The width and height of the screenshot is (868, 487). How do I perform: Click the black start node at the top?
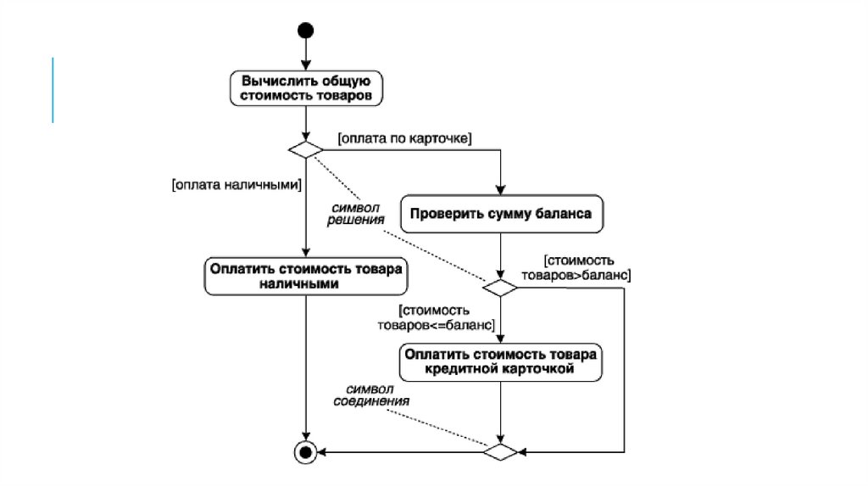(x=305, y=31)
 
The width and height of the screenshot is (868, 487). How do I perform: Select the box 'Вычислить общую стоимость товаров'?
(x=305, y=89)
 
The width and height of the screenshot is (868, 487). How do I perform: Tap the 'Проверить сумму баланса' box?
(x=501, y=214)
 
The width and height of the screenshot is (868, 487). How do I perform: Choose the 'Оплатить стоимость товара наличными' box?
(x=304, y=277)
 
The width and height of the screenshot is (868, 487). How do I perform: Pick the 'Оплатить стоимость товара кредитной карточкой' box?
(x=501, y=361)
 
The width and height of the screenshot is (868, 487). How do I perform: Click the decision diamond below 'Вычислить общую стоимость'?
(x=305, y=149)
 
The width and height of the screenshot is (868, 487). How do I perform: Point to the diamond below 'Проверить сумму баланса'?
(x=501, y=288)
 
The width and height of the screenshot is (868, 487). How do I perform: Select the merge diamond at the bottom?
(x=501, y=451)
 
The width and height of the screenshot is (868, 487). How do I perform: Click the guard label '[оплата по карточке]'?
(x=405, y=137)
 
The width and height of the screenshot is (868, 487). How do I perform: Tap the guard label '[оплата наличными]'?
(x=236, y=182)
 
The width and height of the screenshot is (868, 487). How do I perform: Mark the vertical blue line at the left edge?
(x=53, y=90)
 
